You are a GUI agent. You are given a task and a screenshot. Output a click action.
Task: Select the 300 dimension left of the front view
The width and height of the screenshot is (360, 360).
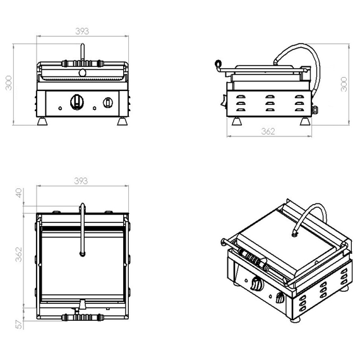coord(9,83)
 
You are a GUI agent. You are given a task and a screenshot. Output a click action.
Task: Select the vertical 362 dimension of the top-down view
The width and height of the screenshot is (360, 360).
coord(19,254)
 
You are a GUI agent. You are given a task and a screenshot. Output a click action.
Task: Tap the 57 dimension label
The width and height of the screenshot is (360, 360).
coord(19,324)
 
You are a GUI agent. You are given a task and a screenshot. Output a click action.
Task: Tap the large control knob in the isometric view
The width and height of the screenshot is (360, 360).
coord(256,285)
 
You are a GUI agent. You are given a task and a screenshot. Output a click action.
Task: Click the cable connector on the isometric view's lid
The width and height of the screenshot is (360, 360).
coord(294,232)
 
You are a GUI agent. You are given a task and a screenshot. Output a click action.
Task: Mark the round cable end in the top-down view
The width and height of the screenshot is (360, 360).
coord(81,254)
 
